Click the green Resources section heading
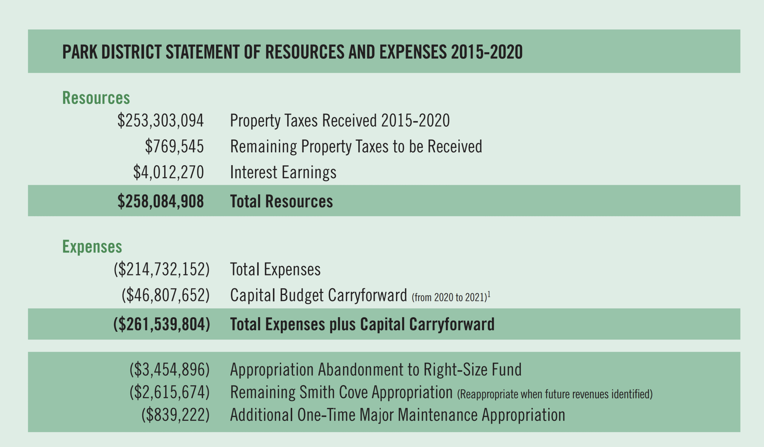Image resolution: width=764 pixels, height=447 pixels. coord(96,98)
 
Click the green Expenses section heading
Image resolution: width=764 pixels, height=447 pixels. coord(92,247)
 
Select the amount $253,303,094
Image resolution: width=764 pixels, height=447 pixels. coord(160,121)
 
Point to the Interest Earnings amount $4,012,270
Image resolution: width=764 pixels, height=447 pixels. coord(168,172)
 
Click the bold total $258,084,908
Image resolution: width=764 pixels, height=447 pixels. coord(160,201)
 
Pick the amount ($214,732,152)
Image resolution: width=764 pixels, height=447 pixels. coord(161,269)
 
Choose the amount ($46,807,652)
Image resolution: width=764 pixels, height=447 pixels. coord(166,295)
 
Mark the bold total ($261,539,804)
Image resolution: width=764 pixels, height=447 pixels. coord(161,324)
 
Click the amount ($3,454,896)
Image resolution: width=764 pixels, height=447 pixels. coord(170,370)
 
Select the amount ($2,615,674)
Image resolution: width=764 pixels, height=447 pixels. coord(170,392)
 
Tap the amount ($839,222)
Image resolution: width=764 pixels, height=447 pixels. coord(175,415)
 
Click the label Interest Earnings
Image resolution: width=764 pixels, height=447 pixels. coord(283,172)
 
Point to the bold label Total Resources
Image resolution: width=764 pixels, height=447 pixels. coord(281,201)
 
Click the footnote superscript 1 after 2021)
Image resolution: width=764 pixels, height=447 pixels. coord(489,294)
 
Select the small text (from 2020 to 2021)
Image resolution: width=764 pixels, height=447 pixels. coord(449,297)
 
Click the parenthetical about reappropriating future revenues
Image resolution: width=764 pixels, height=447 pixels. coord(554,394)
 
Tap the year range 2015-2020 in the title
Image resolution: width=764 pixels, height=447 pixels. coord(486,52)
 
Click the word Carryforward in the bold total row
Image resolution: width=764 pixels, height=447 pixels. coord(452,324)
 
